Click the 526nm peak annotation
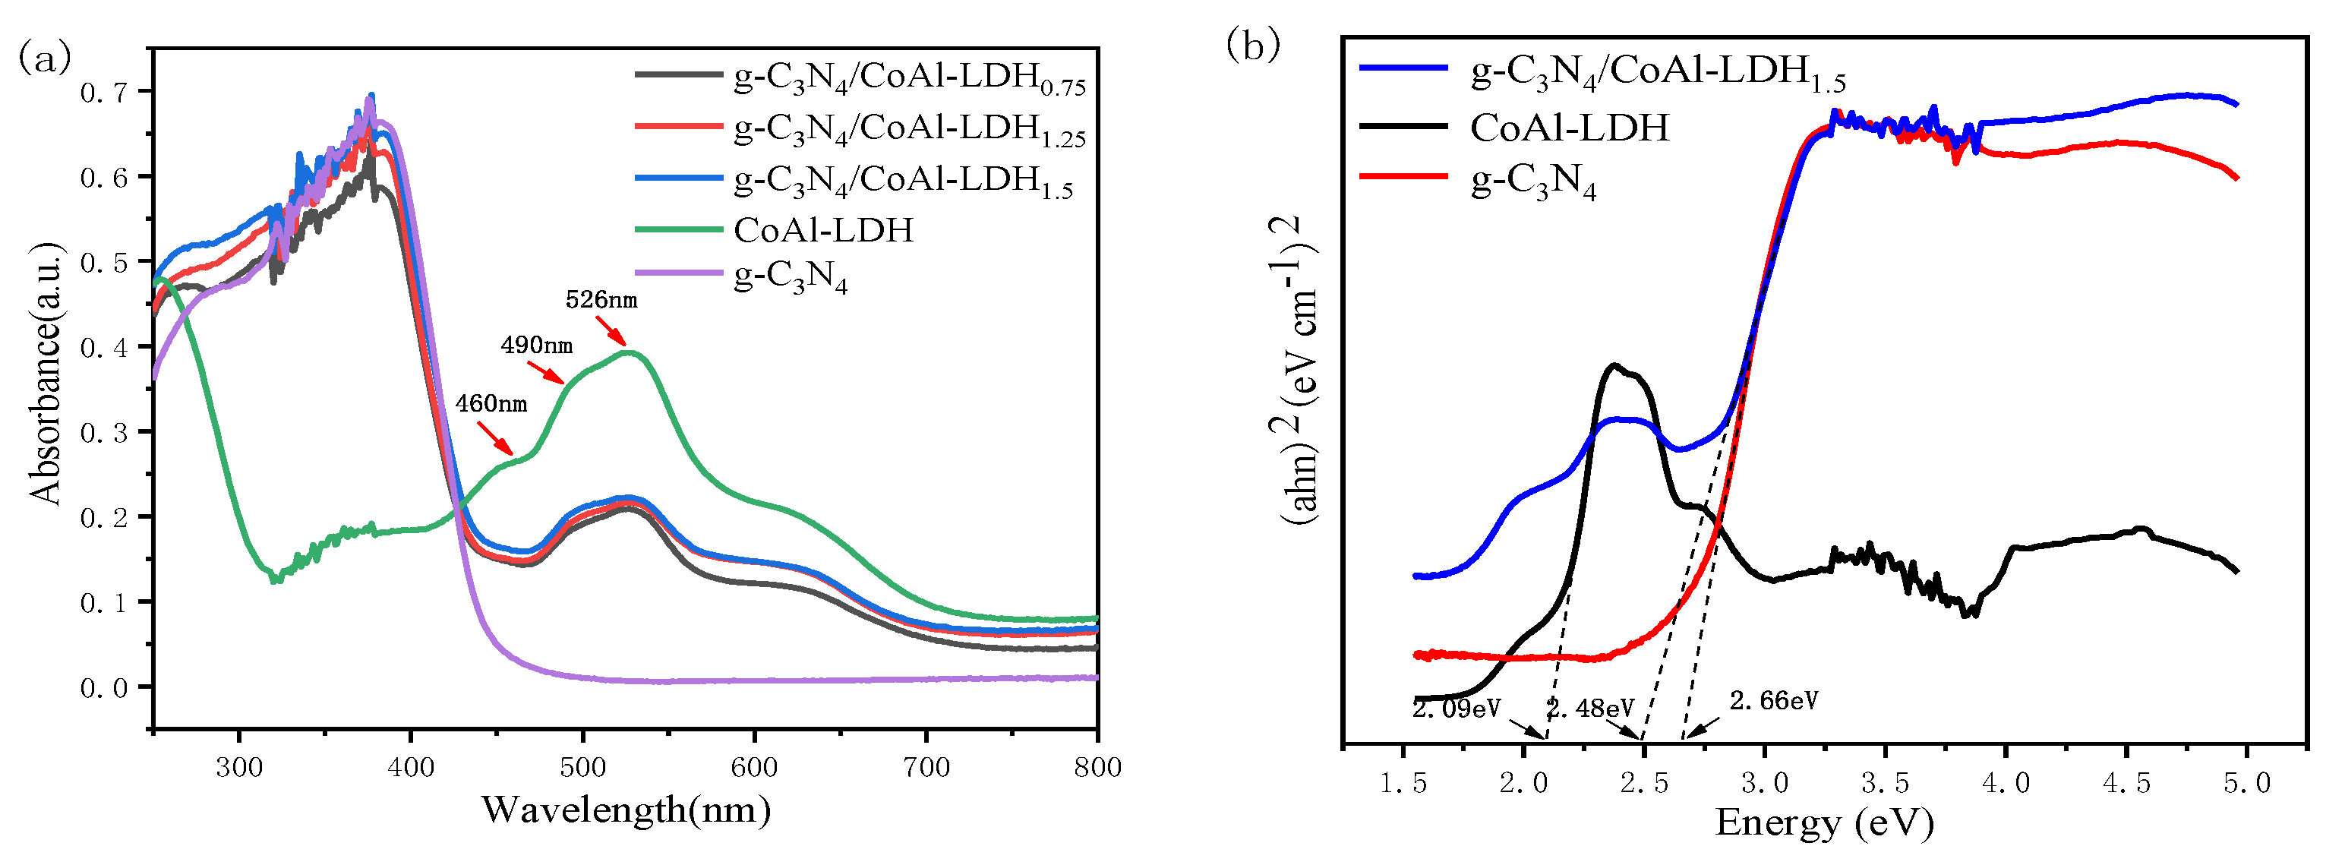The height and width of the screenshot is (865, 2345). coord(601,299)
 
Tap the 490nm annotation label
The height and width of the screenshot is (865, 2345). coord(536,345)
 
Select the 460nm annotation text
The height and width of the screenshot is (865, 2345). coord(491,403)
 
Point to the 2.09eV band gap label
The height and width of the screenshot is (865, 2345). coord(1456,709)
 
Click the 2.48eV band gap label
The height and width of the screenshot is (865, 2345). coord(1590,708)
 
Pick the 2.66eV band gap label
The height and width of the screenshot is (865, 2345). coord(1773,700)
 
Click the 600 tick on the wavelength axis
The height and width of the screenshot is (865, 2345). coord(754,768)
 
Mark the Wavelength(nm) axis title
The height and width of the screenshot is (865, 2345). coord(626,809)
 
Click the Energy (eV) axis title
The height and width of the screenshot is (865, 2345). coord(1823,822)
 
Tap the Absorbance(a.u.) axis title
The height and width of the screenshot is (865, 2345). coord(46,374)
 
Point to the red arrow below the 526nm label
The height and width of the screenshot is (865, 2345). coord(611,330)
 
